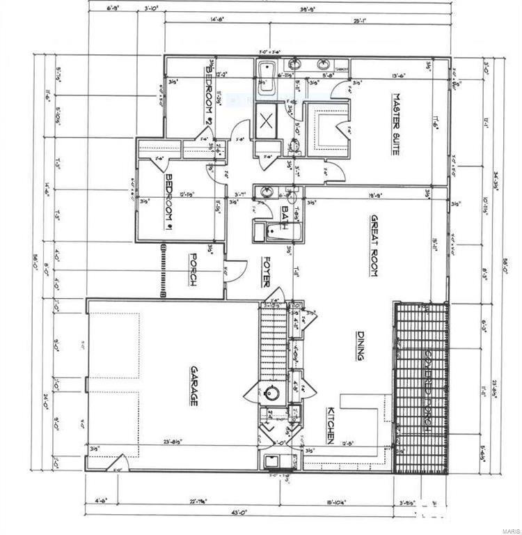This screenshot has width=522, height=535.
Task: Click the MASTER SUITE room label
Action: point(395,124)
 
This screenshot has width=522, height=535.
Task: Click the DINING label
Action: point(359,346)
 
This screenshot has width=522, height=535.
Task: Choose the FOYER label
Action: point(265,272)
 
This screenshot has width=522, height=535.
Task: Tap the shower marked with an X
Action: point(265,123)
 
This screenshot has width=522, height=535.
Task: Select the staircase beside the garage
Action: point(273,341)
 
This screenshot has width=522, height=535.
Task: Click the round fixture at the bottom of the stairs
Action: point(273,393)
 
